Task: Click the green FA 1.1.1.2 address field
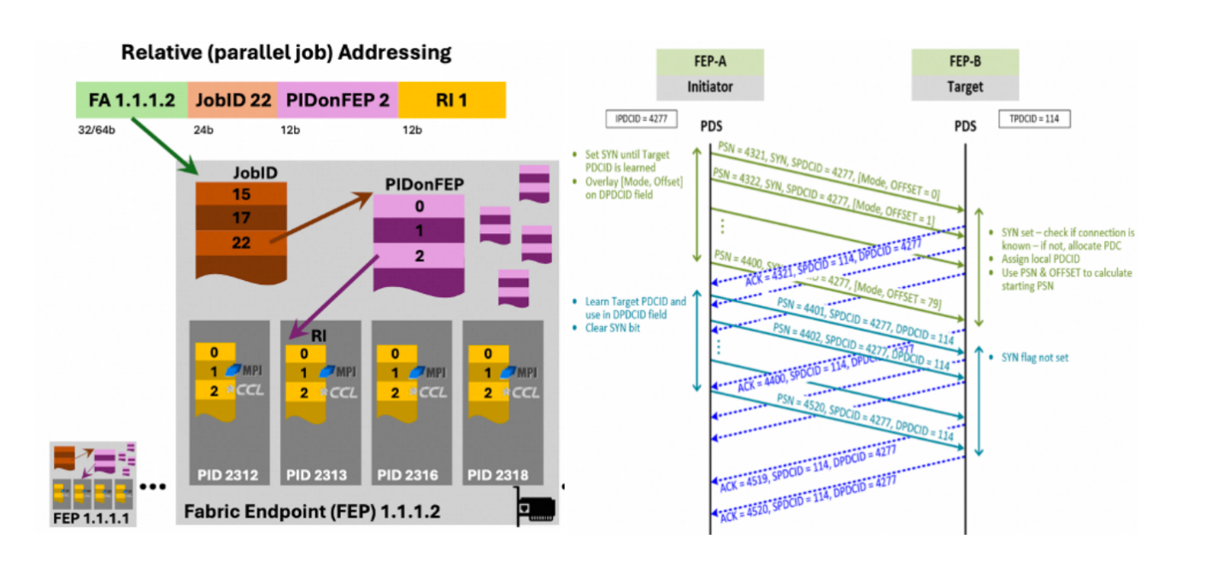coord(132,100)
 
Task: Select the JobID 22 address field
coord(233,100)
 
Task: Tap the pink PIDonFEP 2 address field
coord(338,100)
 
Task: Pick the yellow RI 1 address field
coord(451,100)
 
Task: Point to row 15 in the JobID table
coord(241,195)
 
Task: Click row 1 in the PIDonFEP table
coord(419,231)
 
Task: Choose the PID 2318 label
coord(500,475)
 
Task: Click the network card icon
coord(537,508)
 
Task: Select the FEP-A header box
coord(698,62)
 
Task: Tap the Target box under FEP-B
coord(965,86)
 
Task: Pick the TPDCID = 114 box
coord(1033,119)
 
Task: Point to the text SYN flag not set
coord(1034,358)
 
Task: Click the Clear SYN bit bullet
coord(614,328)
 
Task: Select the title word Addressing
coord(396,52)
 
